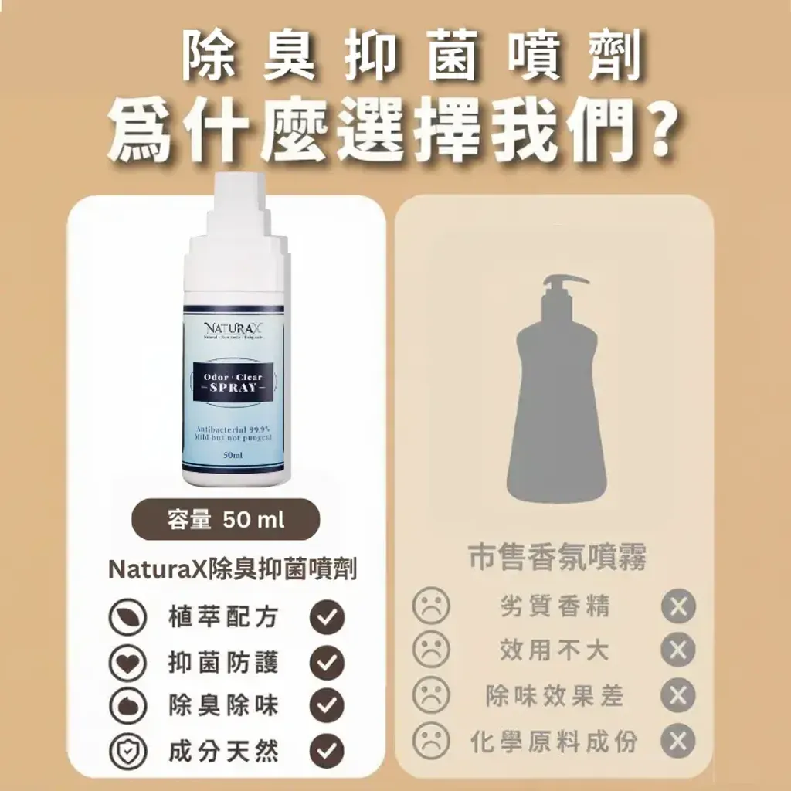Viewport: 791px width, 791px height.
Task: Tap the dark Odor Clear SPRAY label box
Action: pos(233,382)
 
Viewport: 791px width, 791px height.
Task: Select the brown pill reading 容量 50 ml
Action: pos(226,519)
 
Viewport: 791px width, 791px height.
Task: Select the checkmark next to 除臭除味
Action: pos(326,705)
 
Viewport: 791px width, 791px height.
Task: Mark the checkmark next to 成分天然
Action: pos(326,750)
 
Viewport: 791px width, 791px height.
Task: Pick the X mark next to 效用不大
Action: pos(678,650)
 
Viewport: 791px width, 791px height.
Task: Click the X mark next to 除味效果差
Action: pos(678,696)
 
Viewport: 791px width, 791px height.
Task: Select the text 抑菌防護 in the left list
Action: pos(223,662)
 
